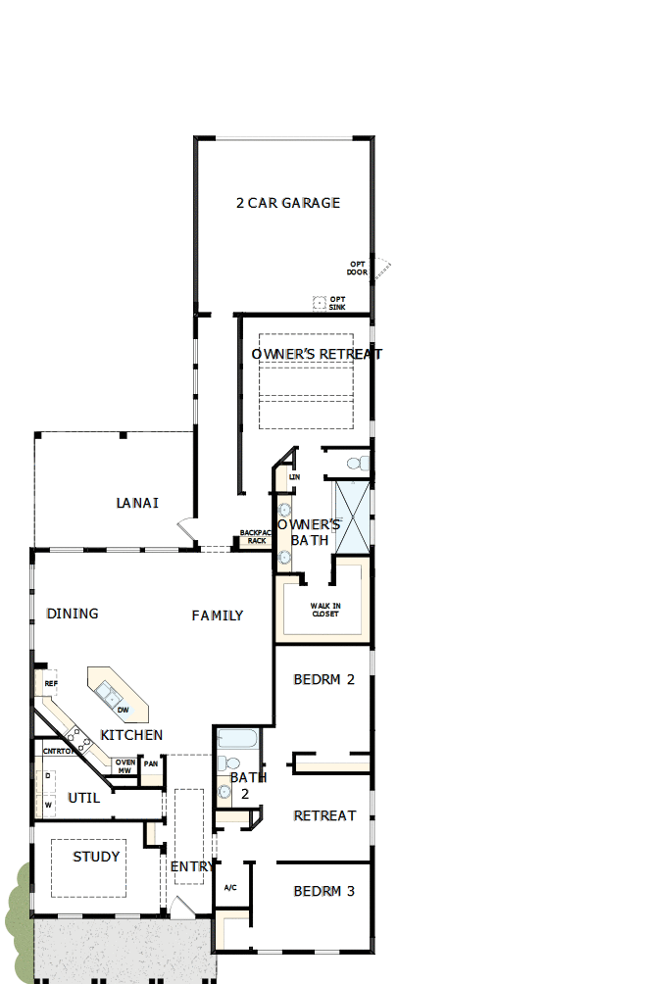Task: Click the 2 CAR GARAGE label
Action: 288,203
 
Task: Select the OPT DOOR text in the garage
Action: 357,268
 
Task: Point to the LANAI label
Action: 137,503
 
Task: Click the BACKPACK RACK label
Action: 255,537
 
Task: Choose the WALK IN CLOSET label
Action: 324,611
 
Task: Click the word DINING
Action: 73,614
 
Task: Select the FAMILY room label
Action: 217,615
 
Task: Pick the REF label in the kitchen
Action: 50,683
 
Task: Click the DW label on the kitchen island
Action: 123,710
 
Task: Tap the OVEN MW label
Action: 124,766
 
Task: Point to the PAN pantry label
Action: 150,763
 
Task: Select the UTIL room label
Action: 83,798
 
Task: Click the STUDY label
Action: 96,857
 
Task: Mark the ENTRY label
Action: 192,866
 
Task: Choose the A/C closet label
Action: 230,887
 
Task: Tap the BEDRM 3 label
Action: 323,891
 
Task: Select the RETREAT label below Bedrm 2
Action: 324,815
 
